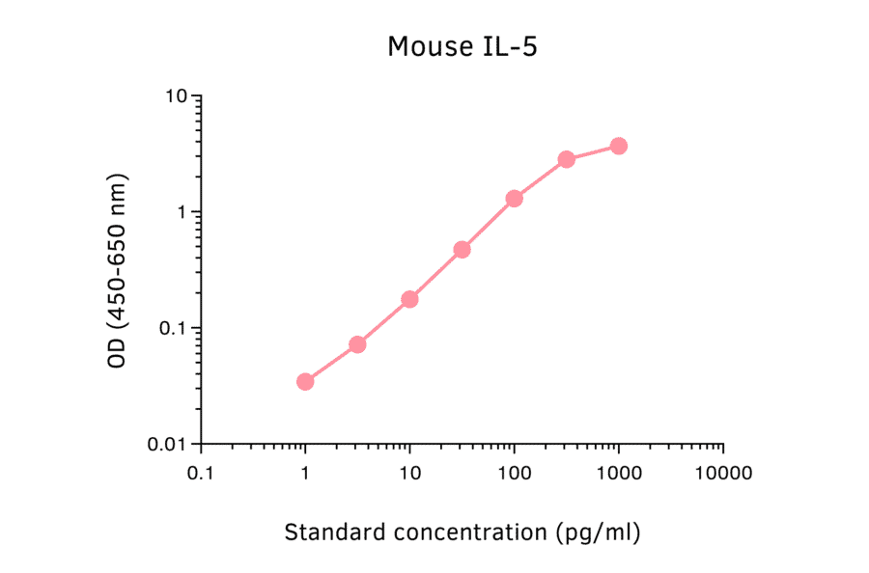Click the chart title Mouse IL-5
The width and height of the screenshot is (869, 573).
[x=462, y=46]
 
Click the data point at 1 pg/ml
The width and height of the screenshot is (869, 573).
[x=305, y=382]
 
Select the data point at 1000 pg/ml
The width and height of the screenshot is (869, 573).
[x=618, y=146]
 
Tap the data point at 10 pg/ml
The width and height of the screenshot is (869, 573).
[x=409, y=299]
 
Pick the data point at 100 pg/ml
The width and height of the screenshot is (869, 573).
[x=514, y=199]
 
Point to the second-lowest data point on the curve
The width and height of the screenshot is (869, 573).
[x=357, y=344]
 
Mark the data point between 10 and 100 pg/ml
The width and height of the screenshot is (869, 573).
[x=462, y=250]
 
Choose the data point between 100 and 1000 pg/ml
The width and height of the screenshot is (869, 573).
[x=566, y=159]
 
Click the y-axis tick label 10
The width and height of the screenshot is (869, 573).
[x=176, y=96]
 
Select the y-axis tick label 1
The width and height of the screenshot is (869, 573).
[x=182, y=212]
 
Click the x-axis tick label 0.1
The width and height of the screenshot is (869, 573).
[x=201, y=474]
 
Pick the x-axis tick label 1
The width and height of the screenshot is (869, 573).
[x=305, y=474]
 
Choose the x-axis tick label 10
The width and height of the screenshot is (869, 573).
[x=409, y=474]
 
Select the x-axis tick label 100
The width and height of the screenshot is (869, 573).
[x=514, y=474]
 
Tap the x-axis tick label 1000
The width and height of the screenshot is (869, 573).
[x=618, y=474]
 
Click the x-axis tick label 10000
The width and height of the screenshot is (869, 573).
[x=722, y=474]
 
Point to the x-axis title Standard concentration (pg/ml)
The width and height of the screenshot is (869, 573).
[x=462, y=532]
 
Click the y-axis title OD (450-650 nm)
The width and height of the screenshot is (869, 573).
[x=118, y=271]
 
